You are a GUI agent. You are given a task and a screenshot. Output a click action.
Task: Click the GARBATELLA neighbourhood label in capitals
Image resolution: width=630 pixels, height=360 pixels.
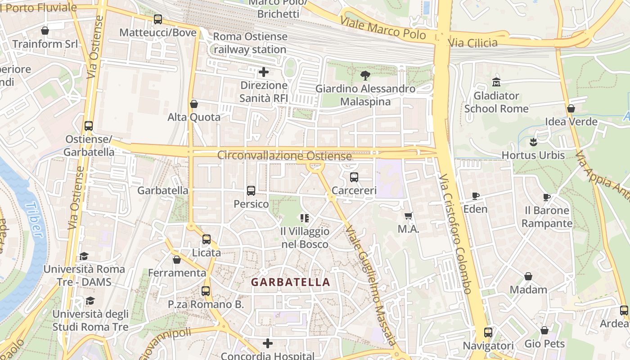290,282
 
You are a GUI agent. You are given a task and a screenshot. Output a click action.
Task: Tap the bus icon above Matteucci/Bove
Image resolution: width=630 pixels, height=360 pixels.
157,19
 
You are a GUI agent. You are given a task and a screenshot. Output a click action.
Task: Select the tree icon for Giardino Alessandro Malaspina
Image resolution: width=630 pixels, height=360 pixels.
365,75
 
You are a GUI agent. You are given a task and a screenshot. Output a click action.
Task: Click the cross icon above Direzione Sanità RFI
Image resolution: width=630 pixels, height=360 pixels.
264,72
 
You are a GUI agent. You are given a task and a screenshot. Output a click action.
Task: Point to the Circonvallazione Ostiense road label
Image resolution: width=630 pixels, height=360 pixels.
284,156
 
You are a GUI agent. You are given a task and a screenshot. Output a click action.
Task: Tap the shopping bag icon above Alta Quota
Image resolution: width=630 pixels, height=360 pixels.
194,104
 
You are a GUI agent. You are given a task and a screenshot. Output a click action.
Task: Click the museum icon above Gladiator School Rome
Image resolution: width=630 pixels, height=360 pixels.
496,82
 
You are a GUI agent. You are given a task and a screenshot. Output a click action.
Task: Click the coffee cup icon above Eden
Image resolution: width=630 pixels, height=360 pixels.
476,196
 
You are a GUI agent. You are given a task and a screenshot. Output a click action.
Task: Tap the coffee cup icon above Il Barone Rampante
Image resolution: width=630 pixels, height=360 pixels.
547,197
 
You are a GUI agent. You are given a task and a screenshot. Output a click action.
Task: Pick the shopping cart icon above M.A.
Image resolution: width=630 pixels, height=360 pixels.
408,216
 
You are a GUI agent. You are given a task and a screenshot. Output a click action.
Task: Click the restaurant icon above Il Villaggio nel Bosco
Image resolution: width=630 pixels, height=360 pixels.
305,218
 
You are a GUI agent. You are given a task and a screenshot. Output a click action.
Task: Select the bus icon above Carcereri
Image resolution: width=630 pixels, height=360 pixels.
354,177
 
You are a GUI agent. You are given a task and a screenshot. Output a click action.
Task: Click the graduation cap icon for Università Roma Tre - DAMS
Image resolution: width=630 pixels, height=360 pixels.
84,256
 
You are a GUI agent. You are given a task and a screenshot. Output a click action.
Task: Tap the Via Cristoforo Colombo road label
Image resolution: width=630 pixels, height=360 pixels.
456,234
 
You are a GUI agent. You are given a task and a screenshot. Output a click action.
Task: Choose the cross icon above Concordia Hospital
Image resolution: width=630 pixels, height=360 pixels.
268,344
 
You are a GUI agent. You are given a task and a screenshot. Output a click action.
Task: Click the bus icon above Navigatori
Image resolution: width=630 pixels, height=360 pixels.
488,333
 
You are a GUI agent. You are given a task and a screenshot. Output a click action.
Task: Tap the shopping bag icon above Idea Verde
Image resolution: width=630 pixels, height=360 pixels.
571,108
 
